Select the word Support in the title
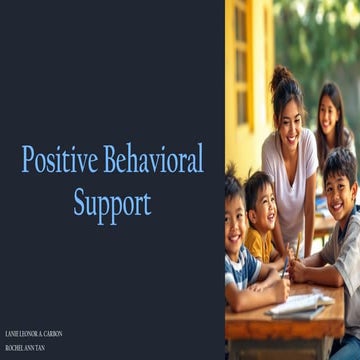112,203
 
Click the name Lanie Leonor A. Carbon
34,333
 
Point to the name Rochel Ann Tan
25,347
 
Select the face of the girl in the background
327,115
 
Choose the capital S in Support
80,203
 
